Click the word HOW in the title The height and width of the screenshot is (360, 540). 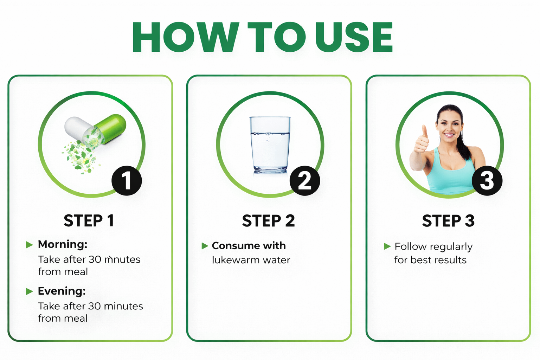tap(186, 37)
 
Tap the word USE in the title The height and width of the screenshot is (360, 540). tap(354, 37)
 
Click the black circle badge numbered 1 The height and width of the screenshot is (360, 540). tap(127, 181)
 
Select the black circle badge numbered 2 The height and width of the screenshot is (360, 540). tap(305, 181)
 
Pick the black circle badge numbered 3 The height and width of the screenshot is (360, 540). tap(487, 181)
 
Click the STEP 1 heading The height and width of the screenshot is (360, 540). tap(89, 221)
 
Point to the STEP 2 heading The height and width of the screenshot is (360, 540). tap(268, 221)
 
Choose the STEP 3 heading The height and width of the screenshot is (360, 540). tap(448, 221)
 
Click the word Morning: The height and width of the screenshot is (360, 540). tap(63, 244)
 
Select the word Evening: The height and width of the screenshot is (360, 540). tap(62, 291)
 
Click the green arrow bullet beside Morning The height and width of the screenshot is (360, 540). tap(29, 245)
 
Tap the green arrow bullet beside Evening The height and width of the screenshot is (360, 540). tap(29, 291)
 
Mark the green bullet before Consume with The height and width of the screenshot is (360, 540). tap(205, 246)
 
